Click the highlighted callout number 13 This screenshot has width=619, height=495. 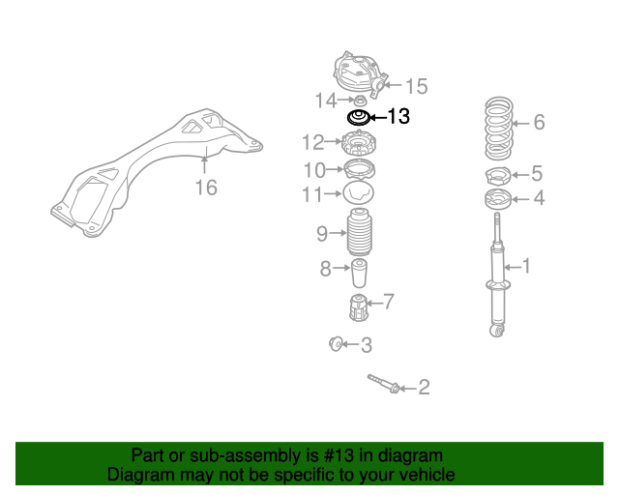398,116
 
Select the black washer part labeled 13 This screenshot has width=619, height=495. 359,118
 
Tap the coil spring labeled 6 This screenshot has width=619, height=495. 499,129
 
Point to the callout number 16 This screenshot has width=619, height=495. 206,188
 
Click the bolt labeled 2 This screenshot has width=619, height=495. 384,384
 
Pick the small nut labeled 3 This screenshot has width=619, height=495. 336,343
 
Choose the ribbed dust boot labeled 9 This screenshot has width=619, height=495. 360,232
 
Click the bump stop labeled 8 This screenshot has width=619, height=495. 359,274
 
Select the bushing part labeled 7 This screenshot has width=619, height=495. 359,307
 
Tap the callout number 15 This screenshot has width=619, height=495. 417,86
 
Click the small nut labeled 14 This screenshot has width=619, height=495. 359,101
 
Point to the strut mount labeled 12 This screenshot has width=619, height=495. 359,144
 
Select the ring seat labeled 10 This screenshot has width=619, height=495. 359,170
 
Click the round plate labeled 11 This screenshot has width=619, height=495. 359,193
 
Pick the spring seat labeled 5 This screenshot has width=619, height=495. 498,177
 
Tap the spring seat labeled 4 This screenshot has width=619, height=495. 498,199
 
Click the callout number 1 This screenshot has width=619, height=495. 526,266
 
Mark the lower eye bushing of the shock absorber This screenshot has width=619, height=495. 497,331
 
